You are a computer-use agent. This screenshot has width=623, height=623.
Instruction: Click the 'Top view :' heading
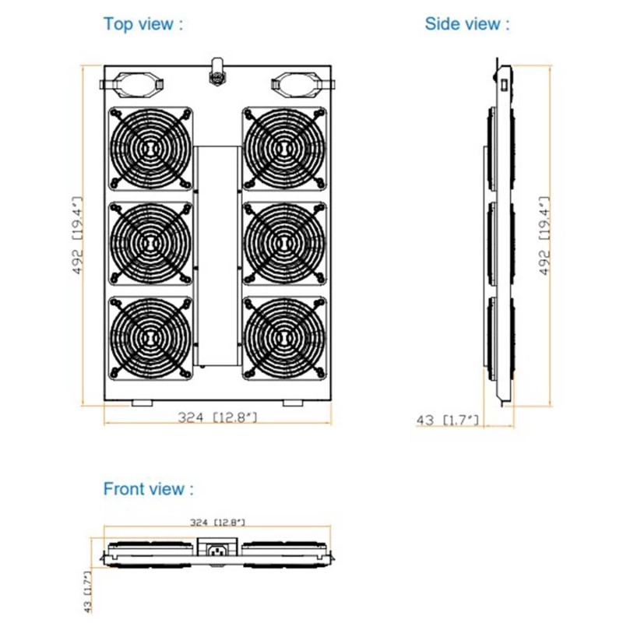(x=144, y=23)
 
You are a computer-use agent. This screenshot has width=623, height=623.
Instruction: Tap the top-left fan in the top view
(x=151, y=148)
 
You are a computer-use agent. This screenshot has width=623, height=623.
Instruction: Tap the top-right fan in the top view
(x=284, y=148)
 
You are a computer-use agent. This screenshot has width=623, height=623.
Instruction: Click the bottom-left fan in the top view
(x=151, y=337)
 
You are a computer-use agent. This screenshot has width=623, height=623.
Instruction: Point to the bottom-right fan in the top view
(x=284, y=337)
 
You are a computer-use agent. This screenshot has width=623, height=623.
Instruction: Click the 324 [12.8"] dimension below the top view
(x=217, y=418)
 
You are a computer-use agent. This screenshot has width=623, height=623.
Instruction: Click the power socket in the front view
(x=217, y=550)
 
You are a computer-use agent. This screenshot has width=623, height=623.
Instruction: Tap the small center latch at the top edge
(x=216, y=74)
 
